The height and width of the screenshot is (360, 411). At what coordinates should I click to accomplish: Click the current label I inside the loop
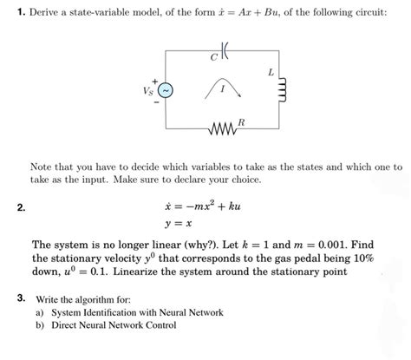[x=223, y=88]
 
